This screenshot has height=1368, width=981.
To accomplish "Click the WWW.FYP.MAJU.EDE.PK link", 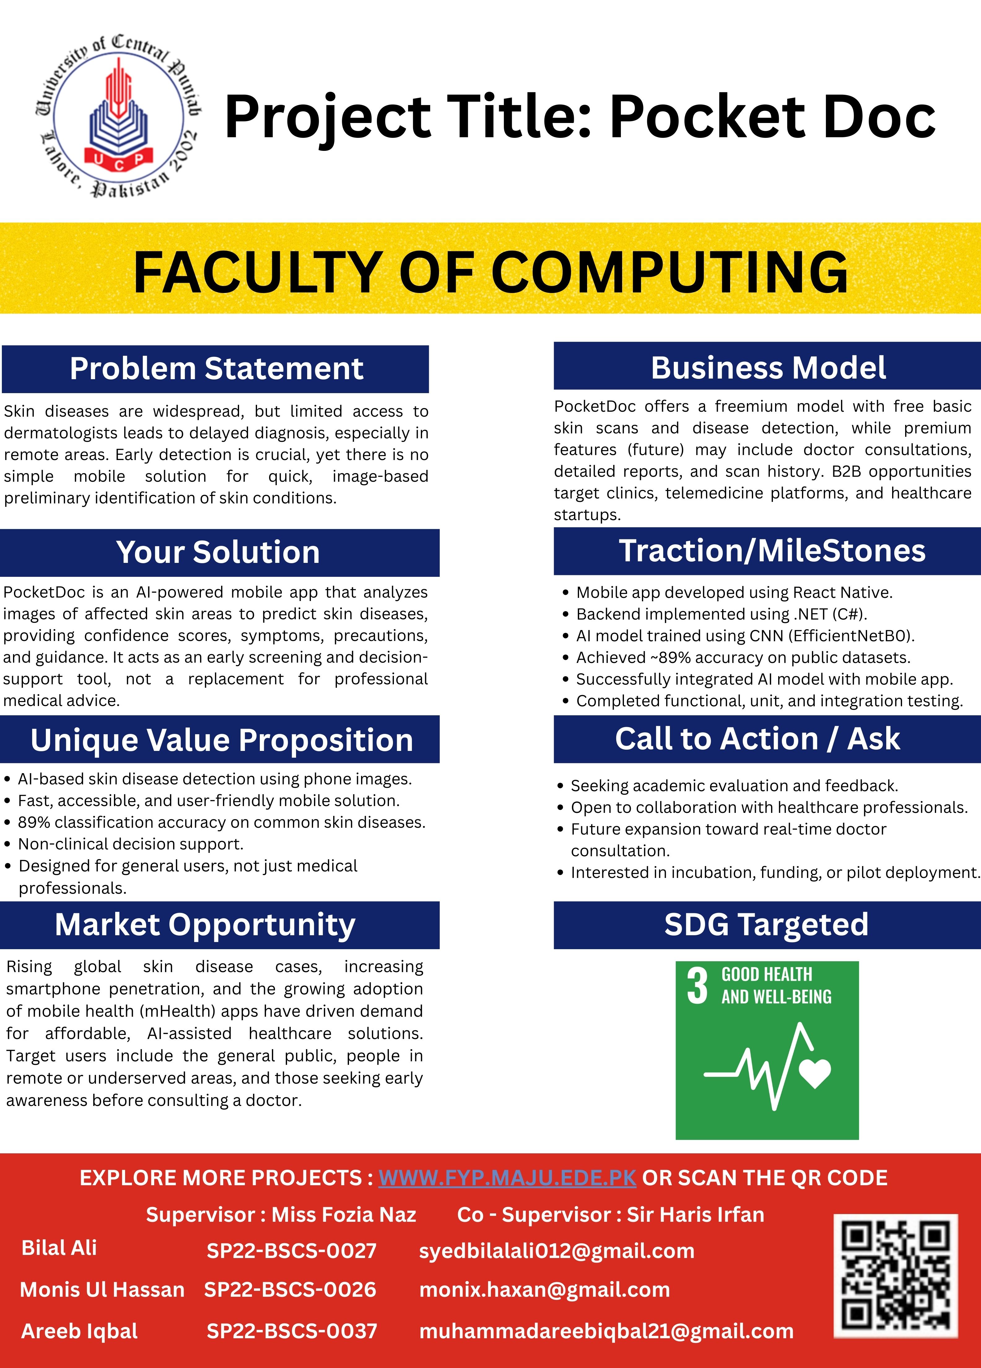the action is click(x=507, y=1178).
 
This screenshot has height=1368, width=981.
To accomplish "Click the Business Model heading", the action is click(x=768, y=367).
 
